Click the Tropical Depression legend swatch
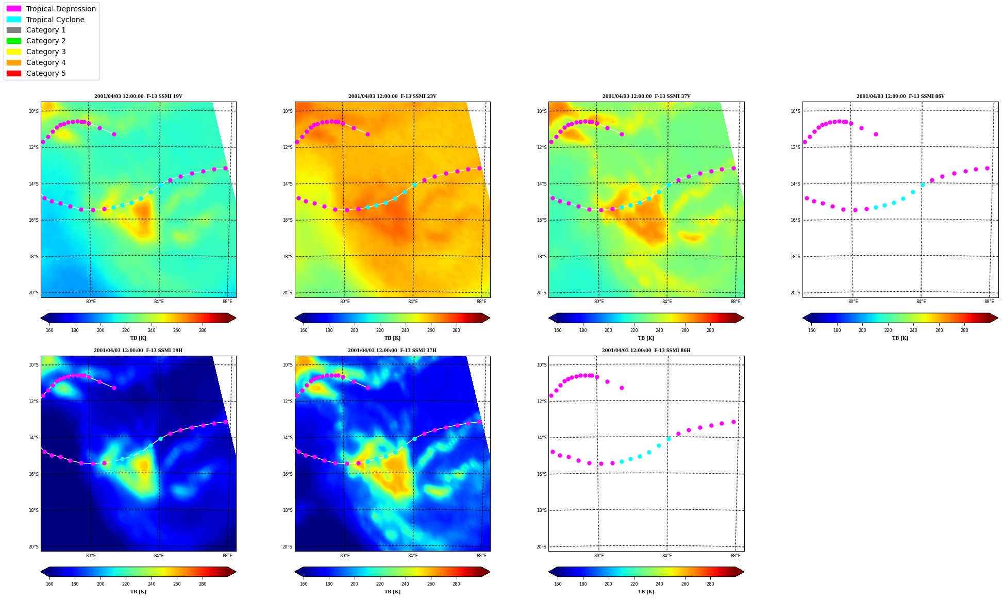14,9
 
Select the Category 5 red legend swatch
14,73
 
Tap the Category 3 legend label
46,52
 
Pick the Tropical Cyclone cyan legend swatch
14,20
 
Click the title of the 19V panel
138,96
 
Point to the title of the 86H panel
646,351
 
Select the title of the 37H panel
392,351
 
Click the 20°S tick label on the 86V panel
795,293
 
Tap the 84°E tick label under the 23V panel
413,302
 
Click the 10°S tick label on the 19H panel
34,365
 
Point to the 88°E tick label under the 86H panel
735,556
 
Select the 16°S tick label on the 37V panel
542,220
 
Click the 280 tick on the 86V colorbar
964,330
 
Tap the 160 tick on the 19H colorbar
49,584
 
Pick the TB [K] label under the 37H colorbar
392,592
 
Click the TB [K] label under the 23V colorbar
392,338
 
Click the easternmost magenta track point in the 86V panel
987,168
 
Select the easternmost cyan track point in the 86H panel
668,439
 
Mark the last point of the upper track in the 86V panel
876,134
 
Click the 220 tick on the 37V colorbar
634,330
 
